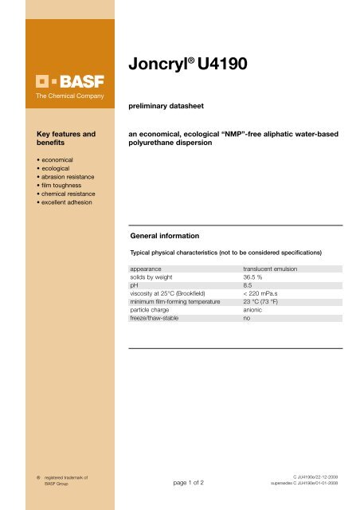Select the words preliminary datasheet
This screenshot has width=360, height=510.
click(x=162, y=104)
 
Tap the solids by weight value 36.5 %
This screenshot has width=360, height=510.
click(x=252, y=279)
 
